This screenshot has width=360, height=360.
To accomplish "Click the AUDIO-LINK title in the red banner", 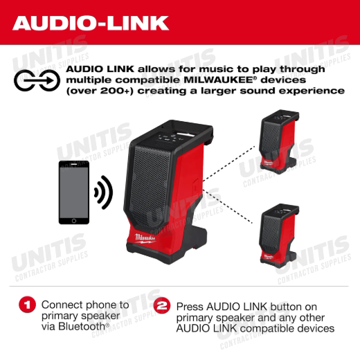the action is (91, 23).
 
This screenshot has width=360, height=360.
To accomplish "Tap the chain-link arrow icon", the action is (37, 80).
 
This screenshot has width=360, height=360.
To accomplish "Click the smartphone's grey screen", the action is (74, 192).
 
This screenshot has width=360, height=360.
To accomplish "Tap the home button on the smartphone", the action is (74, 221).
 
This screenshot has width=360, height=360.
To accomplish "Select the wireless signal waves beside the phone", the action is (103, 192).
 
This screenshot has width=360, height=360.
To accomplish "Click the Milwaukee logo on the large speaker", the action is (145, 239).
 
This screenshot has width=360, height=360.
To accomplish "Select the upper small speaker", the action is (279, 142).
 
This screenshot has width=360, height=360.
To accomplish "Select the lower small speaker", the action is (279, 236).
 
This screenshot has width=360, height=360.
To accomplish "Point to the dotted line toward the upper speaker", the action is (229, 163).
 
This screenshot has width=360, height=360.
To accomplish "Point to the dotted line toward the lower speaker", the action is (228, 206).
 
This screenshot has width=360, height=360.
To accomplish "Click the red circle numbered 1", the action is (28, 305).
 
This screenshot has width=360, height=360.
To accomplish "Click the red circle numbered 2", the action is (162, 305).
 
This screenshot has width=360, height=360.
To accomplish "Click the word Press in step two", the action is (190, 307).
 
